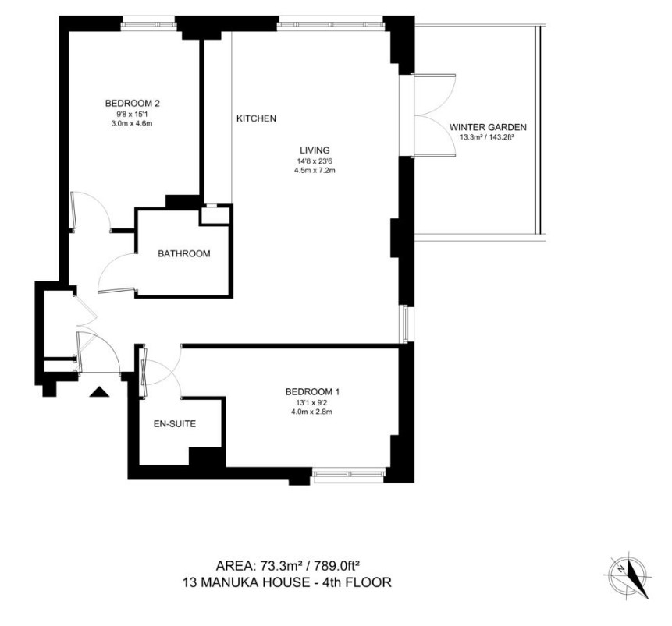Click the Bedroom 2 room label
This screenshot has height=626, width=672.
pos(133,103)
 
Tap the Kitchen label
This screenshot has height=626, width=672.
pos(256,118)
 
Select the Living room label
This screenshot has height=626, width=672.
pos(315,150)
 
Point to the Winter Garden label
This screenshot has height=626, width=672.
pos(488,127)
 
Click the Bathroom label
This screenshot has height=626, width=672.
pos(184,253)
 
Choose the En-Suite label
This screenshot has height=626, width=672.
pos(174,424)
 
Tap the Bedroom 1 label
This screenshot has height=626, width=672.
pos(312,392)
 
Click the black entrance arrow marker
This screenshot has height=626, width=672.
pos(99,392)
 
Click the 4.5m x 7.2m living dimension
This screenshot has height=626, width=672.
pos(315,171)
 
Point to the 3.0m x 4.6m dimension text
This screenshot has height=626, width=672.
pos(132,123)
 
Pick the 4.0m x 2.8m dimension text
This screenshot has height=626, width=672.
pos(312,412)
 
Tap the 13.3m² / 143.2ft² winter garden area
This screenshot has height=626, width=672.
pos(487,137)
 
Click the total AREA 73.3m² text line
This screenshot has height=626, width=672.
pos(287,566)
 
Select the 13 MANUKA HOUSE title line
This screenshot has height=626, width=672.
pos(287,582)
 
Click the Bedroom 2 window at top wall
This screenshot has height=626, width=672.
pos(148,25)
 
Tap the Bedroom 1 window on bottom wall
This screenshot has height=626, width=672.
pos(348,473)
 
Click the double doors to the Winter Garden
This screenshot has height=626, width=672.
pos(434,115)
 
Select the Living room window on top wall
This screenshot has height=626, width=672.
pos(331,25)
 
